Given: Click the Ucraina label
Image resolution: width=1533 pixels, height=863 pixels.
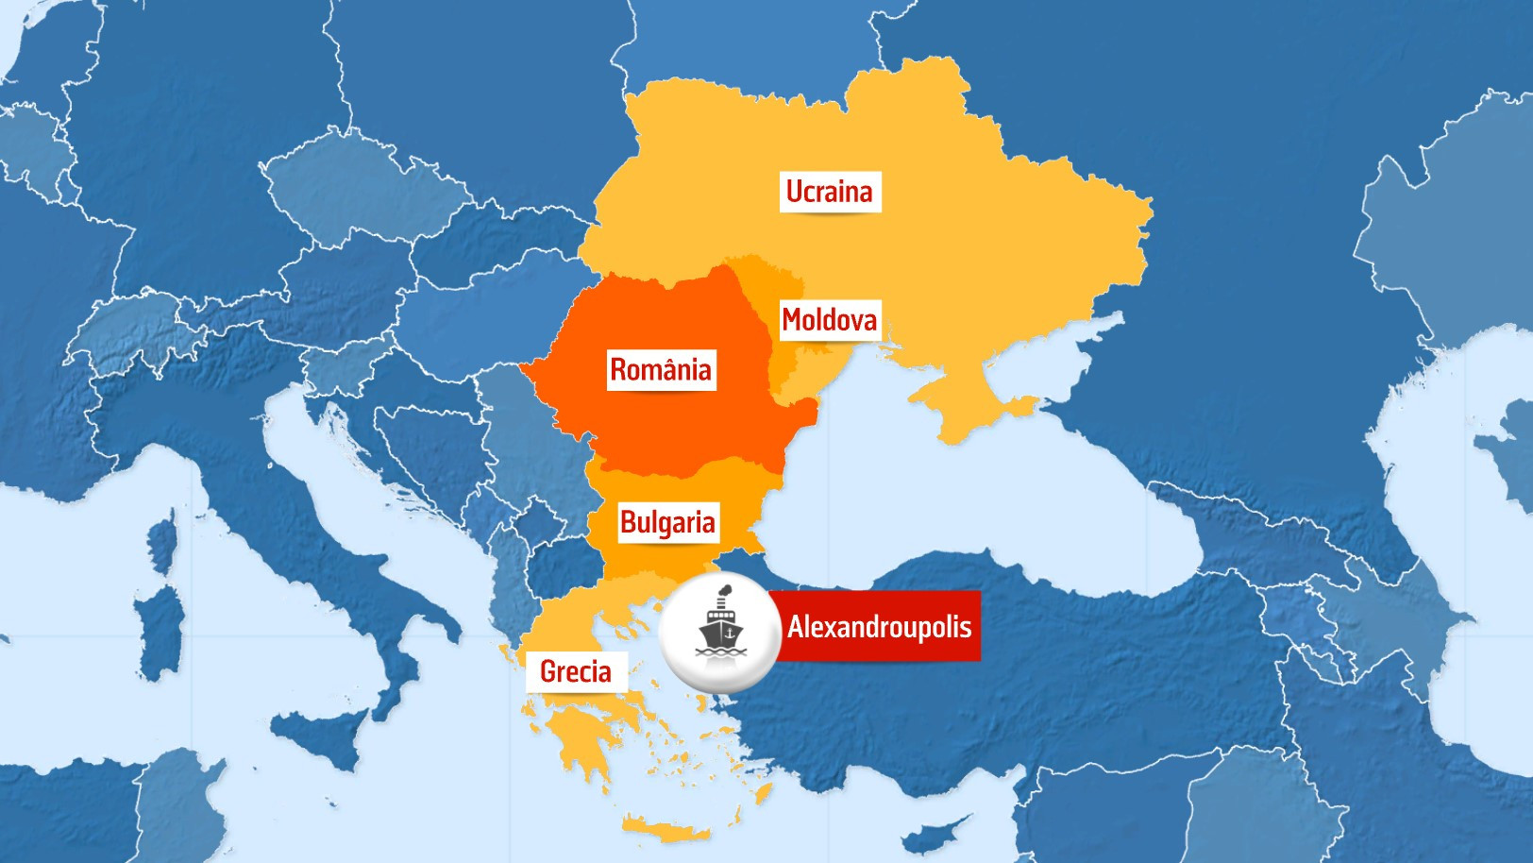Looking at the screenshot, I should tap(829, 192).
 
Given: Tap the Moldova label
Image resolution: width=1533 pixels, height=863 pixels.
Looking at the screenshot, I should tap(829, 320).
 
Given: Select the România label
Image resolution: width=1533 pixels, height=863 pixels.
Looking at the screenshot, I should tap(660, 369).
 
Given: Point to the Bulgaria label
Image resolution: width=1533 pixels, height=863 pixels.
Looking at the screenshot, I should tap(666, 522).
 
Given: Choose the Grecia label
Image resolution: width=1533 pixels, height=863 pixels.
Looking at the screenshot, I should tap(575, 671).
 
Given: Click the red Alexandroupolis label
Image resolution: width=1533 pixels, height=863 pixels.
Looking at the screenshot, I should tap(879, 627).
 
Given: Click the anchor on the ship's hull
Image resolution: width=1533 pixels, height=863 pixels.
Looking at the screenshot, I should tap(728, 635).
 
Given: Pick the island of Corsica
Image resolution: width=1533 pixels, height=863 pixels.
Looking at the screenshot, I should tap(163, 539).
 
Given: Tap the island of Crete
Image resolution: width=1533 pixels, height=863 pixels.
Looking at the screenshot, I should tap(666, 832).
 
